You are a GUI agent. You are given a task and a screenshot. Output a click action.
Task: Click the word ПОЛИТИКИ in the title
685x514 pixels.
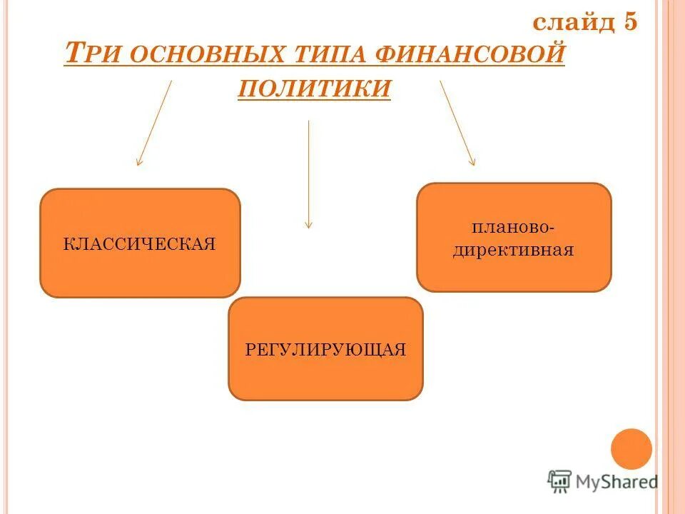click(314, 88)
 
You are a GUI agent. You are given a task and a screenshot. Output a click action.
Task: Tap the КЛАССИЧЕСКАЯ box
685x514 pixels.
click(140, 271)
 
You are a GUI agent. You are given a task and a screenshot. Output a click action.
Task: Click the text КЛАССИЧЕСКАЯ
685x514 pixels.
click(140, 244)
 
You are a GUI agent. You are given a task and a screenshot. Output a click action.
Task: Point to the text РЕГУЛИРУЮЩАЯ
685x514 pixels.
click(325, 350)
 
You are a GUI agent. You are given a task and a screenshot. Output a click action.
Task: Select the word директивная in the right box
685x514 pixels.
click(514, 251)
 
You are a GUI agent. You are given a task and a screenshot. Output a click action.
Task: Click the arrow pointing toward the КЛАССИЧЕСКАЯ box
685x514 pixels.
click(154, 123)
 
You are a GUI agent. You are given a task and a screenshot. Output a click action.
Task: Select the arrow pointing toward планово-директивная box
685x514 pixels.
click(457, 123)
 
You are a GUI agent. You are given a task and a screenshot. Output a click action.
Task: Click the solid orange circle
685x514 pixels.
click(631, 449)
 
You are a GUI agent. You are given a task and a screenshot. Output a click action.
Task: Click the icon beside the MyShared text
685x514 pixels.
click(559, 481)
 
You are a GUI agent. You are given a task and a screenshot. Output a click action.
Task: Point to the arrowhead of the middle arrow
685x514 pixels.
click(308, 224)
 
